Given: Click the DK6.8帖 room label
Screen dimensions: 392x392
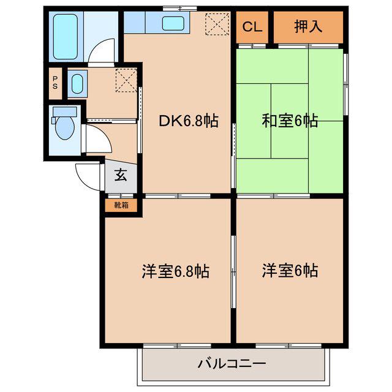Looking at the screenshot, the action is point(189,121).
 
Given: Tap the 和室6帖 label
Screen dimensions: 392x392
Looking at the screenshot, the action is point(290,121).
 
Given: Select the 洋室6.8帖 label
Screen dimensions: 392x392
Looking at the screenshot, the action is point(176,271).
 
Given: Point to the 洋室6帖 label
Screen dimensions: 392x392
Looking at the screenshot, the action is point(290,271).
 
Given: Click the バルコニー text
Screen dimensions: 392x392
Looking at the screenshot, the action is point(232,363).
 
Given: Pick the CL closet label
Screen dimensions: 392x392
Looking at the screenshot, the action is point(252,26).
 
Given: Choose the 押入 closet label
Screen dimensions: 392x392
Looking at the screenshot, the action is point(308,26).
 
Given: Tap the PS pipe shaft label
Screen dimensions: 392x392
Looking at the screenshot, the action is point(55,83).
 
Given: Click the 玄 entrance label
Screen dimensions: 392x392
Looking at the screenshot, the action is point(121,175).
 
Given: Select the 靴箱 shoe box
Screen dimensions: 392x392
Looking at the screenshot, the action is point(121,205).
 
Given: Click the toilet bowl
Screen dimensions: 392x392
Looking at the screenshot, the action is point(65,128).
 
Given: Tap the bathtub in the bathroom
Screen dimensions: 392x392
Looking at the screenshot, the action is point(66,37).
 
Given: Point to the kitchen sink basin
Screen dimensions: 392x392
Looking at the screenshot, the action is point(173,23).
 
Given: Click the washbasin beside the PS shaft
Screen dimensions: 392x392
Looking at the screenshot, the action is point(77,84).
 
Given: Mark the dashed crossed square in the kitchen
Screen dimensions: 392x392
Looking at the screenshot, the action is point(217,24).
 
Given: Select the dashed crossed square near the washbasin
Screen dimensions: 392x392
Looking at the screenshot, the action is point(126,80).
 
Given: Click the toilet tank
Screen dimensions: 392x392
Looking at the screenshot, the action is point(65,111).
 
